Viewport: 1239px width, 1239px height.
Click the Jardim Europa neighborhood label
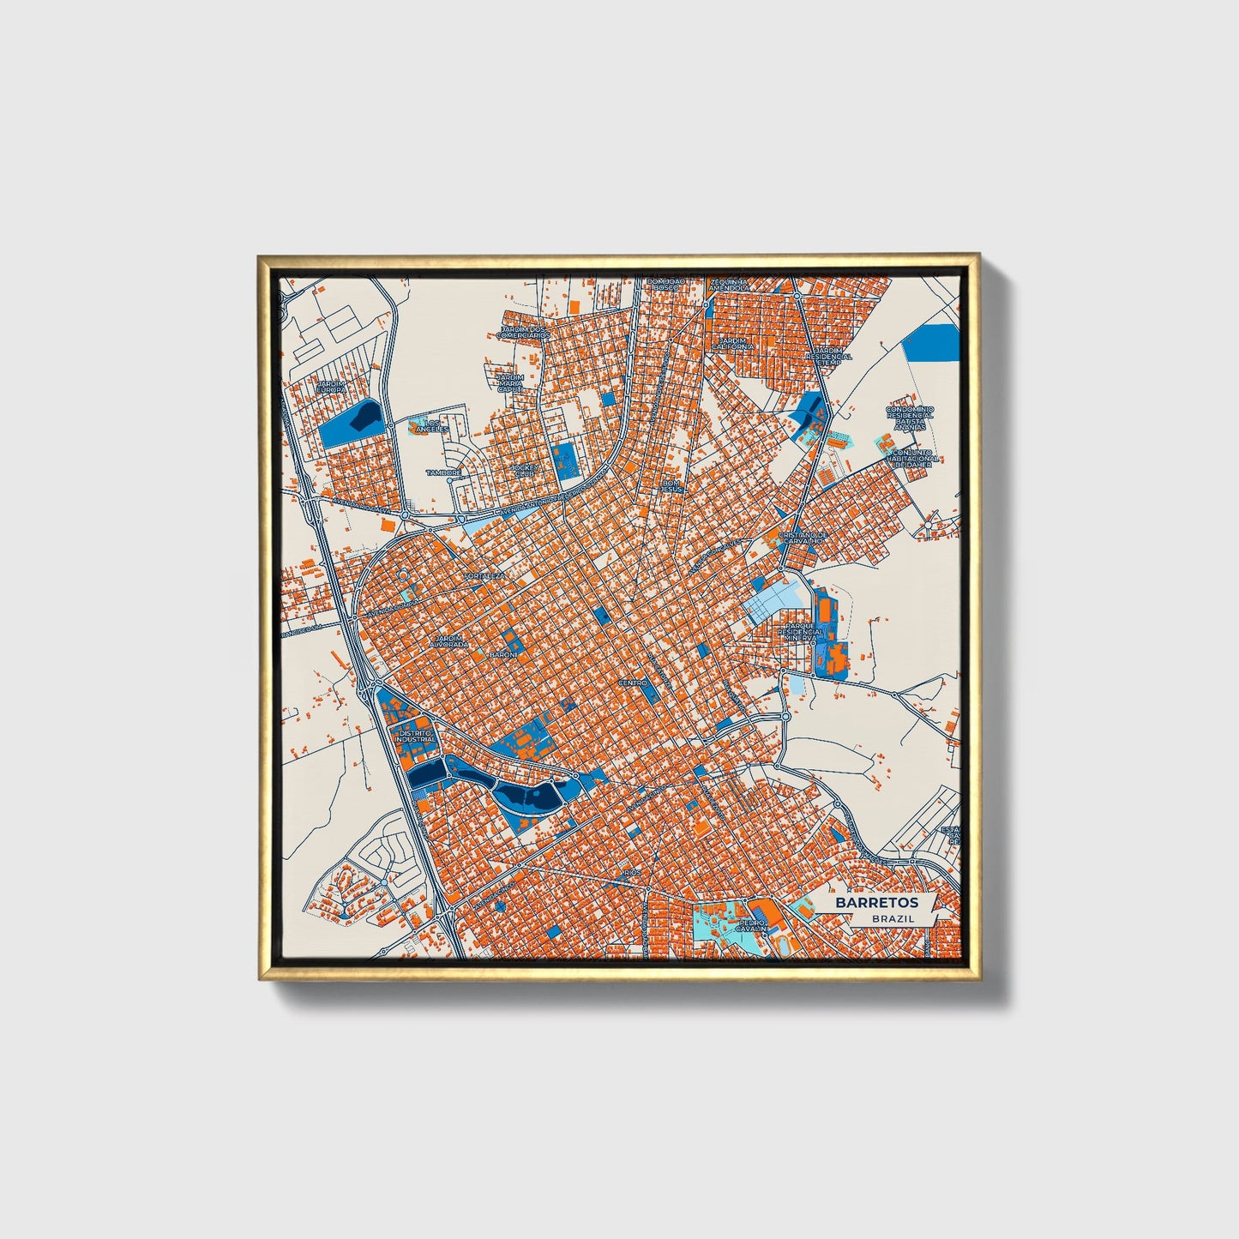pos(332,388)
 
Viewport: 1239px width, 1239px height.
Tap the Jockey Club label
pos(522,471)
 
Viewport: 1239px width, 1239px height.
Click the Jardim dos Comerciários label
pos(524,333)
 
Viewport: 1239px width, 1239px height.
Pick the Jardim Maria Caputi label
pos(510,382)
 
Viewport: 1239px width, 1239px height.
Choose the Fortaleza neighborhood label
pos(484,576)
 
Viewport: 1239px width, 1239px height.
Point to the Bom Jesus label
pos(671,485)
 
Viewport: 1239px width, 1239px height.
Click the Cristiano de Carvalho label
pos(802,538)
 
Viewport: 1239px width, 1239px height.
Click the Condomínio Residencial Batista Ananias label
pos(911,420)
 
